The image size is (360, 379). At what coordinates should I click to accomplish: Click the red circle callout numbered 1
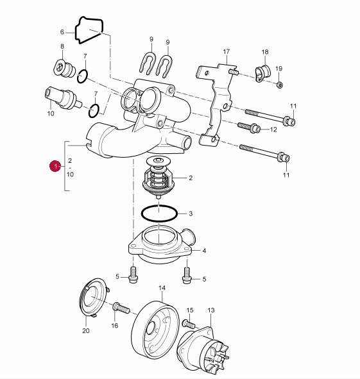click(55, 166)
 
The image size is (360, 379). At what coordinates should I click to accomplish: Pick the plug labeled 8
click(64, 69)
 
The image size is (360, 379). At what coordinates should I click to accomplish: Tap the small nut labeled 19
click(280, 85)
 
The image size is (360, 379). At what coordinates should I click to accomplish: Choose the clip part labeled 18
click(263, 74)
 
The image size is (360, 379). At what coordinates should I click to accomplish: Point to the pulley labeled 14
click(155, 330)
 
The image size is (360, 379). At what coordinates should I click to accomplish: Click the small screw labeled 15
click(189, 324)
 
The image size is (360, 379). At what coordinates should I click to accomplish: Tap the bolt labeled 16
click(121, 308)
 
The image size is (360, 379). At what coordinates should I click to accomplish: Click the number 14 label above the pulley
click(162, 288)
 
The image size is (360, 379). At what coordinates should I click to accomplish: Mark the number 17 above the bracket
click(227, 52)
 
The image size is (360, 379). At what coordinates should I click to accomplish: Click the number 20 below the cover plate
click(86, 330)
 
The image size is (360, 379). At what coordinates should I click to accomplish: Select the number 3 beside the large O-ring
click(191, 214)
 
